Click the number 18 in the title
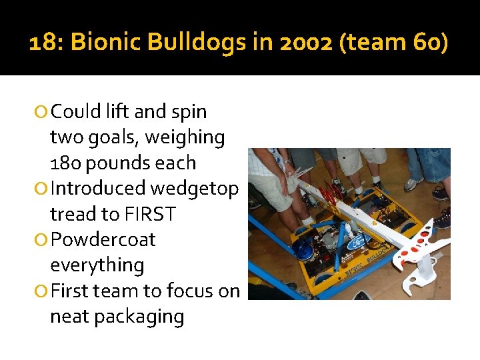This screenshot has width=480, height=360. tap(43, 43)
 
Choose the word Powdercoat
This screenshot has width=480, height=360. tap(103, 239)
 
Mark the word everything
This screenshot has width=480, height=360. tap(97, 265)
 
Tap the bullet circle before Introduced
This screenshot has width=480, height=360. tap(42, 189)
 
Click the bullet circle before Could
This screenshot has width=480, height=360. tap(42, 112)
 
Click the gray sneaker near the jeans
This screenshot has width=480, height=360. tap(413, 183)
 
